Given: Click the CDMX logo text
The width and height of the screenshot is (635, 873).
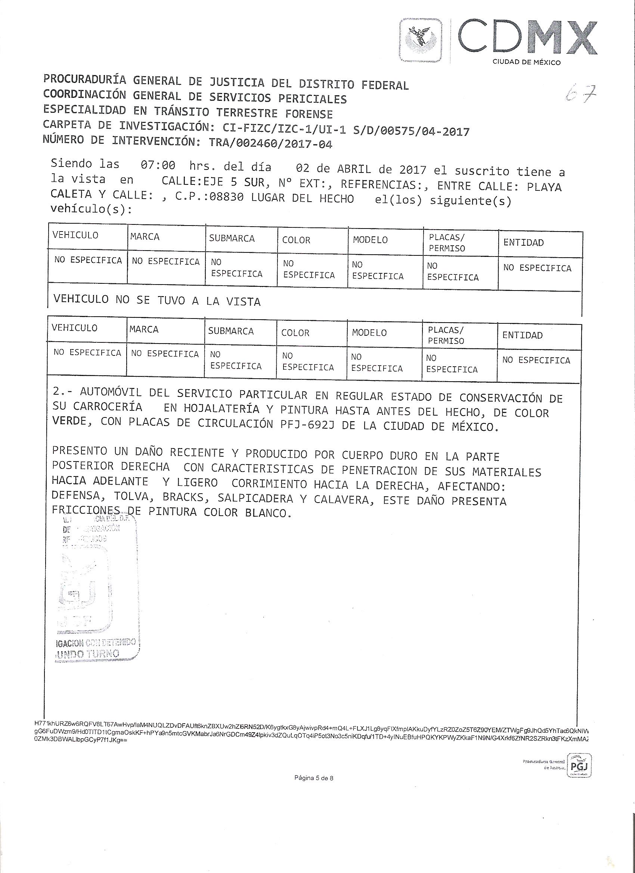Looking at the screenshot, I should click(x=527, y=39).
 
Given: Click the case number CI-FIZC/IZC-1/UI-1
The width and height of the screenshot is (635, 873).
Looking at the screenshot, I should click(x=283, y=129).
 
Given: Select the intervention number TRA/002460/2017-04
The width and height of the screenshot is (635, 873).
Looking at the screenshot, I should click(x=270, y=143).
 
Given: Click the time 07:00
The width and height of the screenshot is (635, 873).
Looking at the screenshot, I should click(x=158, y=166).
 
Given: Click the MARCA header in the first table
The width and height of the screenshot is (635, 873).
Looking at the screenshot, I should click(x=145, y=236).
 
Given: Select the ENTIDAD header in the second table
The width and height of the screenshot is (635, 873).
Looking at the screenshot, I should click(x=523, y=335).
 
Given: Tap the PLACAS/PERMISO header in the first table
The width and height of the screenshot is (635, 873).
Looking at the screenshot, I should click(x=447, y=243).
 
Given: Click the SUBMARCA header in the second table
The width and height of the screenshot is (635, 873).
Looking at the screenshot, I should click(x=231, y=331).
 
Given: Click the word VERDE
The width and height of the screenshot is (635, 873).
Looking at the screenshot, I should click(x=69, y=421).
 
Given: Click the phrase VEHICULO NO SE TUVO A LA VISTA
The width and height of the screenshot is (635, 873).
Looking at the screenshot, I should click(x=157, y=300).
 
